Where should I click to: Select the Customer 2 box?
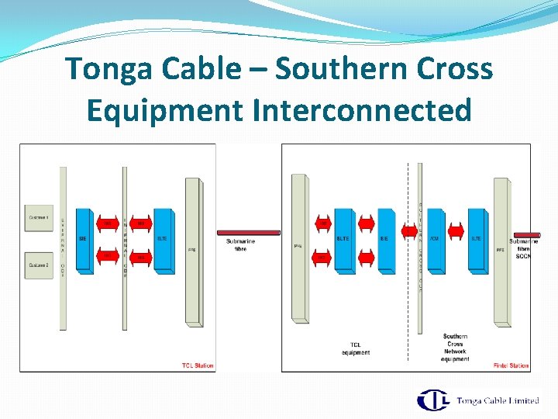40,265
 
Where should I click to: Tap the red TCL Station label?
198,365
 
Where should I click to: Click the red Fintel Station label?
511,365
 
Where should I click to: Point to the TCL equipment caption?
356,348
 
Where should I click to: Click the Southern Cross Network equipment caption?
455,348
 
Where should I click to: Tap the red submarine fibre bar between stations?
248,232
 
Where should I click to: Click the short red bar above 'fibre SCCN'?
527,234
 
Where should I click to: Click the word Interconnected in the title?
362,110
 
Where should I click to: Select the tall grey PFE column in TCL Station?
192,251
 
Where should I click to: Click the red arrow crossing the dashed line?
409,230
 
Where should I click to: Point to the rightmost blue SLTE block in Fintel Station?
477,240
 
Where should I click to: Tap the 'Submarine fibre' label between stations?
240,244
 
